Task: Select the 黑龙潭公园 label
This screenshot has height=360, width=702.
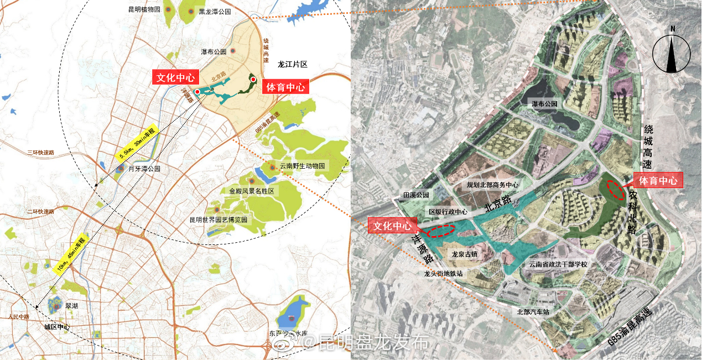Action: [215, 11]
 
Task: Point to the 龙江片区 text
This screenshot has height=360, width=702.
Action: [293, 65]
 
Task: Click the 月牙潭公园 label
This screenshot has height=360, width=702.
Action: [144, 169]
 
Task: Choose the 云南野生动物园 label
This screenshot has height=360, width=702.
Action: [304, 166]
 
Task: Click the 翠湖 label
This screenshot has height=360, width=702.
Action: [72, 305]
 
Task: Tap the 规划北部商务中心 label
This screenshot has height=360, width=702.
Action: [492, 185]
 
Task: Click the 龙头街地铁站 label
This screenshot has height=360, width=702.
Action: [443, 273]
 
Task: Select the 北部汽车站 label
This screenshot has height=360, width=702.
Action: [533, 312]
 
